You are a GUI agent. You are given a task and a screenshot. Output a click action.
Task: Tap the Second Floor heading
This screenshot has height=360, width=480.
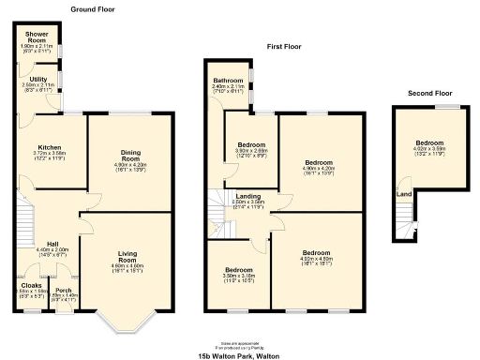pyautogui.click(x=429, y=93)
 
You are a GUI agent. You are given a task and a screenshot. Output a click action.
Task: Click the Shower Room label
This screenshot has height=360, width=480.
pyautogui.click(x=36, y=38)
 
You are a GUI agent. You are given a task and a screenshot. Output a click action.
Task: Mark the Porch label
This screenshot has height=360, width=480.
pyautogui.click(x=63, y=291)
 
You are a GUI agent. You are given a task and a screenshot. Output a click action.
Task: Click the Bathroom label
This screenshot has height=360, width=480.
pyautogui.click(x=230, y=81)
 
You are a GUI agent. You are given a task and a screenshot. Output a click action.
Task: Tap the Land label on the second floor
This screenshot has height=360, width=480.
pyautogui.click(x=403, y=194)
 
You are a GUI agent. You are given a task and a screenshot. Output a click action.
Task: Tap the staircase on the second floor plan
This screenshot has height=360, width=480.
pyautogui.click(x=404, y=221)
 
